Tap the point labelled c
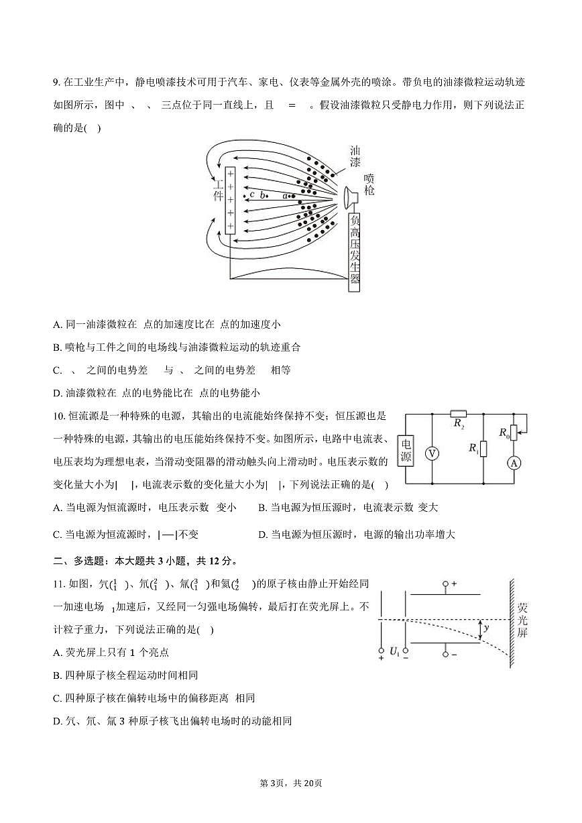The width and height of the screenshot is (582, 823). [x=252, y=195]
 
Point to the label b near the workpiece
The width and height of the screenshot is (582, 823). [x=263, y=195]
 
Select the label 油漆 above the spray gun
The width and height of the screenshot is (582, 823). [x=355, y=156]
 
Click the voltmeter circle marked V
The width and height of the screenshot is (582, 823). [x=432, y=454]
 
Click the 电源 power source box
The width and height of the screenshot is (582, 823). [x=406, y=449]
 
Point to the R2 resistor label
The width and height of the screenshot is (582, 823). [x=459, y=424]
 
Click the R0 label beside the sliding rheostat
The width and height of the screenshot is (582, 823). [x=504, y=433]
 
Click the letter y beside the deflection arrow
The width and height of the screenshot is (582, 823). [x=486, y=628]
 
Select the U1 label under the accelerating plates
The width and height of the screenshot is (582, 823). [x=394, y=651]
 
